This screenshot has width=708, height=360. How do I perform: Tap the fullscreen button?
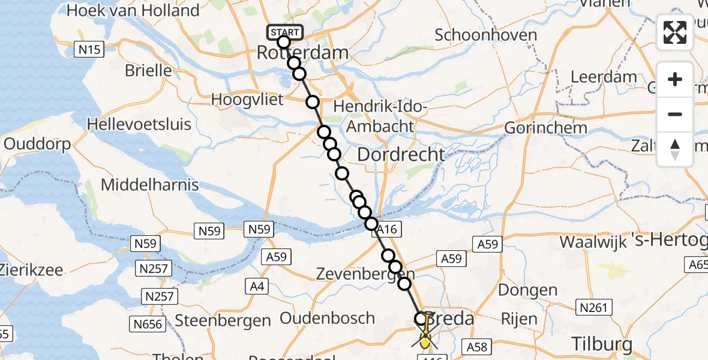675,32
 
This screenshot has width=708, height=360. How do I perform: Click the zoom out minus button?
675,114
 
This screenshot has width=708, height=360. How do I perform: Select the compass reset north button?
675,149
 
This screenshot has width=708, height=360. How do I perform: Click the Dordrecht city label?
401,154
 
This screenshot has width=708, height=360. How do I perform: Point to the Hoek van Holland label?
133,10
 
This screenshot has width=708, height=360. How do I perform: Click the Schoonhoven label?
485,35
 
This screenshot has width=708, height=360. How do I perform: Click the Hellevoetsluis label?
139,124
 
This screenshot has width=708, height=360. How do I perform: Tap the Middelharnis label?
149,184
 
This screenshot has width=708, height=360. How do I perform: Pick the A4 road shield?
256,287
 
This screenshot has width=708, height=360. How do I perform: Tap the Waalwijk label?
593,242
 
